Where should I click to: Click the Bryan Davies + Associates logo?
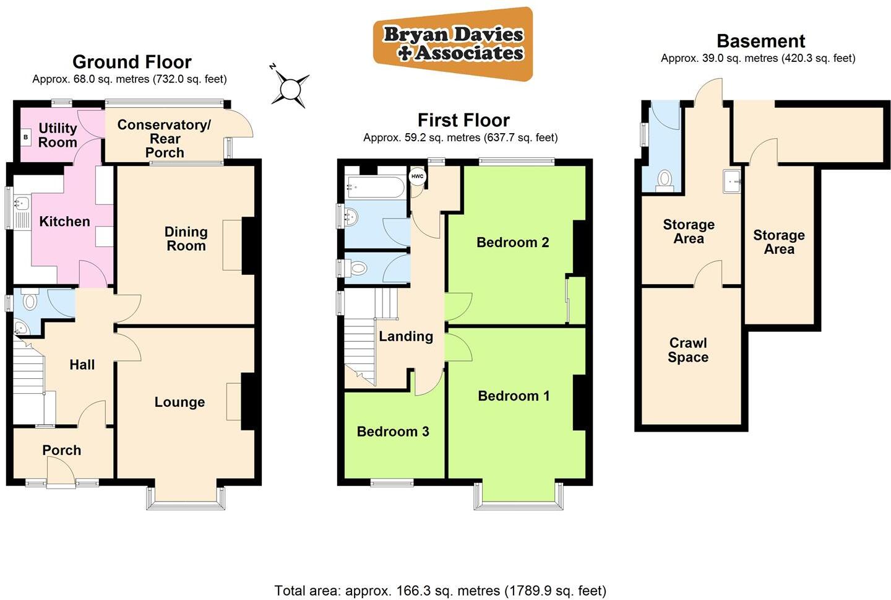(x=453, y=44)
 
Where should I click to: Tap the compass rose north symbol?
(x=290, y=89)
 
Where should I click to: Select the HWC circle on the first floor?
(x=418, y=176)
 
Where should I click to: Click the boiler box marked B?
(x=26, y=137)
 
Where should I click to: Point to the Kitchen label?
(x=64, y=221)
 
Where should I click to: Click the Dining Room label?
(x=186, y=238)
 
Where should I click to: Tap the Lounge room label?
(x=179, y=402)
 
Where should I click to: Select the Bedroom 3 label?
(x=393, y=432)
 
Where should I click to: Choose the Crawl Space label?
(x=688, y=350)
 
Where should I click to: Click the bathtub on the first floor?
(x=376, y=185)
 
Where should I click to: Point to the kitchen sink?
(x=22, y=203)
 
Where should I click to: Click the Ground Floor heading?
(x=132, y=62)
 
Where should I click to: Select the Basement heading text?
(x=760, y=41)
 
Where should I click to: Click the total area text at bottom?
(x=440, y=591)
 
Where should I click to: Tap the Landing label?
(x=406, y=336)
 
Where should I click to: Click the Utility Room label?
(x=58, y=135)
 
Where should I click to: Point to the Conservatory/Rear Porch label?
(x=164, y=138)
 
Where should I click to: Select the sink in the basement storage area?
(x=733, y=181)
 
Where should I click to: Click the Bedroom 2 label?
(x=512, y=242)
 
